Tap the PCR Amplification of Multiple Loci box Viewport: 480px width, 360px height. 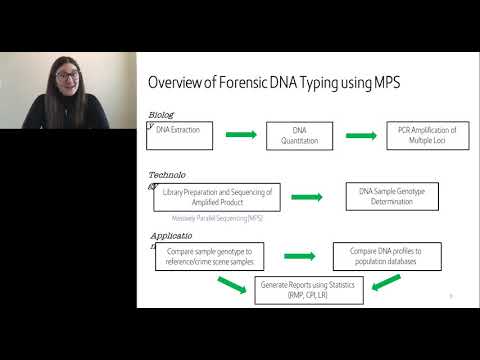point(426,135)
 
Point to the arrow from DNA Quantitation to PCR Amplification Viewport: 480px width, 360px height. point(362,134)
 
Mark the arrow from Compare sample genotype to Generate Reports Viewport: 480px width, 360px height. point(231,284)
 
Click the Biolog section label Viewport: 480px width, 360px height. point(161,115)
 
